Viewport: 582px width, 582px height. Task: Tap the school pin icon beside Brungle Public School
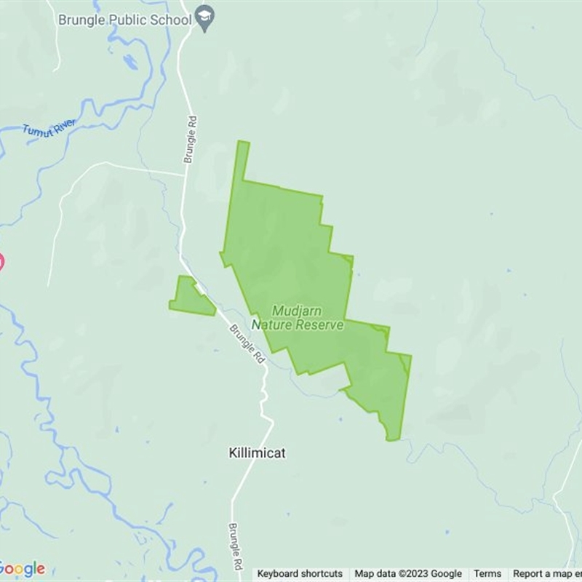pyautogui.click(x=206, y=20)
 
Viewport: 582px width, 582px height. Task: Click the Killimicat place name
pyautogui.click(x=254, y=453)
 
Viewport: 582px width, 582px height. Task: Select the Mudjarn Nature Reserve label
pyautogui.click(x=298, y=318)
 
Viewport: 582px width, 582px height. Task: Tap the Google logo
pyautogui.click(x=22, y=569)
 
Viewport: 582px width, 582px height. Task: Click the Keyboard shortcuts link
pyautogui.click(x=300, y=574)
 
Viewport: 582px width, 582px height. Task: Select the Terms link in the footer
pyautogui.click(x=487, y=574)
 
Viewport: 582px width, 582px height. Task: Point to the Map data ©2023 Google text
pyautogui.click(x=408, y=574)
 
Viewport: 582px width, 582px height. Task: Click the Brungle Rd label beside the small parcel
pyautogui.click(x=247, y=344)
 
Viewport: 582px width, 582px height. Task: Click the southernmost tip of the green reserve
pyautogui.click(x=392, y=439)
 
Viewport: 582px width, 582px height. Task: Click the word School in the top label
pyautogui.click(x=171, y=20)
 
